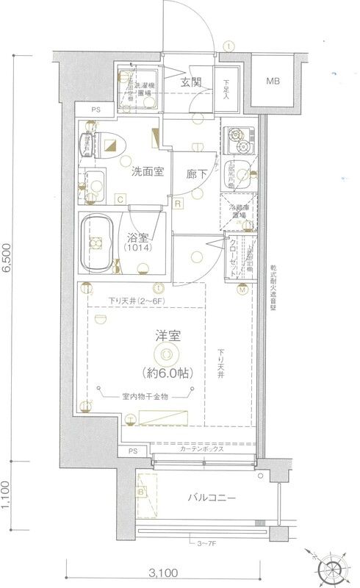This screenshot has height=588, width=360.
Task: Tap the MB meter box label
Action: pyautogui.click(x=273, y=81)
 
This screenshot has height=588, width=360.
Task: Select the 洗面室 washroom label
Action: pyautogui.click(x=147, y=173)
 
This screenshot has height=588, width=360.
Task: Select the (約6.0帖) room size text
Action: pyautogui.click(x=168, y=373)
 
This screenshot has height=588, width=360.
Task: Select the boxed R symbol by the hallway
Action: pyautogui.click(x=178, y=202)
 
